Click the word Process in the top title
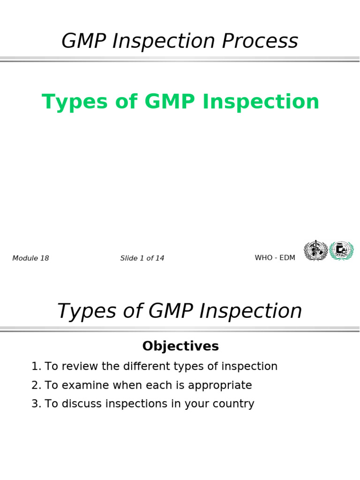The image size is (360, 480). click(260, 41)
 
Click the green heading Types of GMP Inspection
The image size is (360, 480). click(180, 102)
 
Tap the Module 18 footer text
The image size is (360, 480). click(30, 258)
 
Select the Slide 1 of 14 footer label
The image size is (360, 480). click(142, 258)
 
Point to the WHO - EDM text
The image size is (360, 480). click(275, 258)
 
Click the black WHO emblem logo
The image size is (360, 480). click(315, 250)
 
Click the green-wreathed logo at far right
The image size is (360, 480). click(341, 250)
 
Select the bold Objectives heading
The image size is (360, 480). click(180, 346)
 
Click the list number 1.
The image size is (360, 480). click(36, 367)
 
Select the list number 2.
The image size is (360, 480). click(36, 385)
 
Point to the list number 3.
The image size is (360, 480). click(36, 404)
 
